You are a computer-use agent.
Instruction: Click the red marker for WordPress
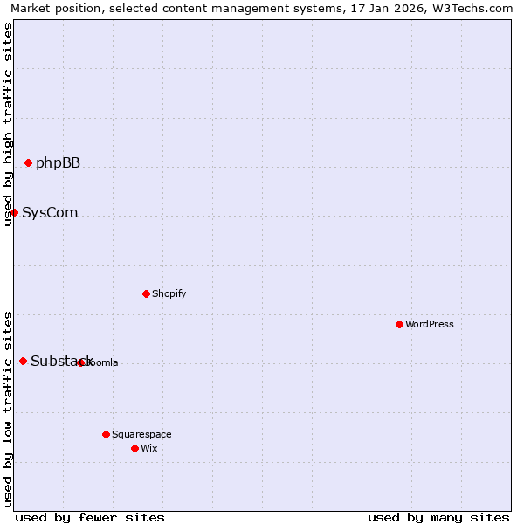tap(399, 324)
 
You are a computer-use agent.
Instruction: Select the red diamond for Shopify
tap(146, 293)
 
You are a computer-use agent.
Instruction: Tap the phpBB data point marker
tap(28, 162)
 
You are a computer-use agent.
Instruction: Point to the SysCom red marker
tap(14, 212)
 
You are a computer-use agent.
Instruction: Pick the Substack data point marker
tap(23, 361)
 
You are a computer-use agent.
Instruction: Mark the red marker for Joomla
tap(80, 362)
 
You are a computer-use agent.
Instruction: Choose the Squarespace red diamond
tap(106, 434)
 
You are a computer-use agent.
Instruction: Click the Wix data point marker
tap(134, 448)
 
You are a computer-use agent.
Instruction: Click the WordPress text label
tap(430, 324)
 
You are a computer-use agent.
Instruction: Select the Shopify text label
tap(169, 293)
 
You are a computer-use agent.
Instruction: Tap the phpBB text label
tap(58, 162)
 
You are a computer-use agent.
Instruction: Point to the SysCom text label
tap(50, 212)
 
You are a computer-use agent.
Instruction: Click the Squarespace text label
tap(141, 434)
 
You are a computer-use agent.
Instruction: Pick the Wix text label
tap(149, 448)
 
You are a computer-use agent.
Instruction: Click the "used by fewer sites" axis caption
tap(90, 517)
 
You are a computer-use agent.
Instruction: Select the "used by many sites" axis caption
tap(438, 517)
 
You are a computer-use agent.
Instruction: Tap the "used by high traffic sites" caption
tap(8, 124)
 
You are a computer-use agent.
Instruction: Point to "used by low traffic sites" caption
tap(8, 408)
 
